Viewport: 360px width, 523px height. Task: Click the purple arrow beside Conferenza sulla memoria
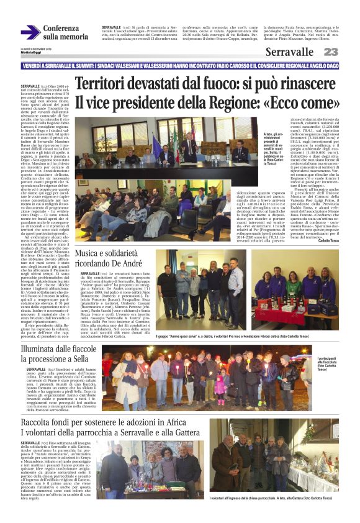30,32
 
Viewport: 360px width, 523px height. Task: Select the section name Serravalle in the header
289,52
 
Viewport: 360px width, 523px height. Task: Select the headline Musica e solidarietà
112,253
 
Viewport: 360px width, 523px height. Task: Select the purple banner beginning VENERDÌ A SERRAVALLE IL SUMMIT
180,66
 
